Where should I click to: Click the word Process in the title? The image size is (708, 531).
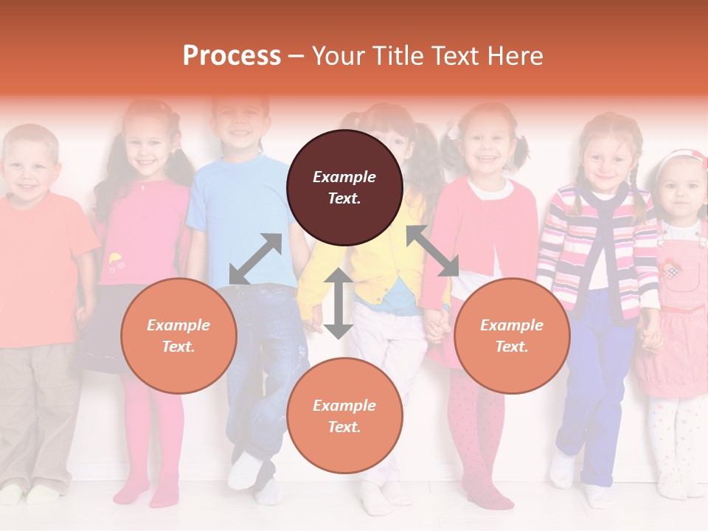[232, 56]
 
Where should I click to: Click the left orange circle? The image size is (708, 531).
[178, 336]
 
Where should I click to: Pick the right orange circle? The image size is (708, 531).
[511, 336]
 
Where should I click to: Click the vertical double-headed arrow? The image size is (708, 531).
[338, 303]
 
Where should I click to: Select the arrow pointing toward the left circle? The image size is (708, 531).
[255, 259]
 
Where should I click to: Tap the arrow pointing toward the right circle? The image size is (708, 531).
[433, 251]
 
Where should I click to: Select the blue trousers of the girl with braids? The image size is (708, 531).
[590, 383]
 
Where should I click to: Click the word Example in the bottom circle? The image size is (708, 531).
[344, 405]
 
